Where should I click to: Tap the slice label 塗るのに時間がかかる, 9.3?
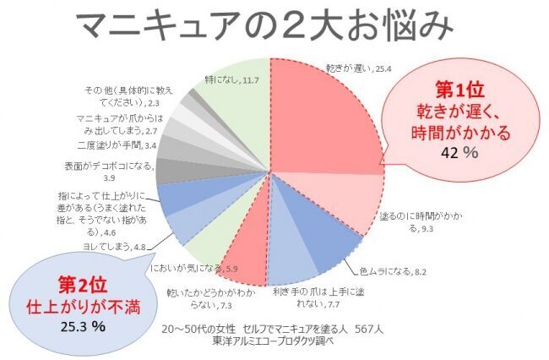pos(411,222)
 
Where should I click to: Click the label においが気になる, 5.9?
pos(185,269)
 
